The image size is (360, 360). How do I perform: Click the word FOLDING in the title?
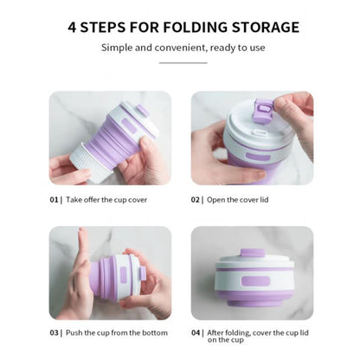tap(196, 28)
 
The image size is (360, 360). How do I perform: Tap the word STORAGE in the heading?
tap(266, 28)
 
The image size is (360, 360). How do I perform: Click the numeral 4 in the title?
tap(72, 28)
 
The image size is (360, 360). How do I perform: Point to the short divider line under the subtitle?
tap(183, 62)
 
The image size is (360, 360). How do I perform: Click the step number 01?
tap(54, 200)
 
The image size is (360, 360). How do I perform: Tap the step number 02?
tap(196, 200)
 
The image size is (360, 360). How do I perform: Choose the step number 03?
tap(54, 332)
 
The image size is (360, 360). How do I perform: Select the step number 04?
tap(196, 332)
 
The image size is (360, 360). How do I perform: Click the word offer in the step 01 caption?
tap(92, 200)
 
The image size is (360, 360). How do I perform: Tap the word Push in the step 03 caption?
tap(74, 332)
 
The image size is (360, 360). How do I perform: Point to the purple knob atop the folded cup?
tap(253, 253)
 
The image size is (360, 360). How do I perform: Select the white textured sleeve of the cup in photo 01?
tap(89, 163)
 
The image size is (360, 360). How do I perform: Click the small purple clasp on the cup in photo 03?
tap(142, 273)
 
